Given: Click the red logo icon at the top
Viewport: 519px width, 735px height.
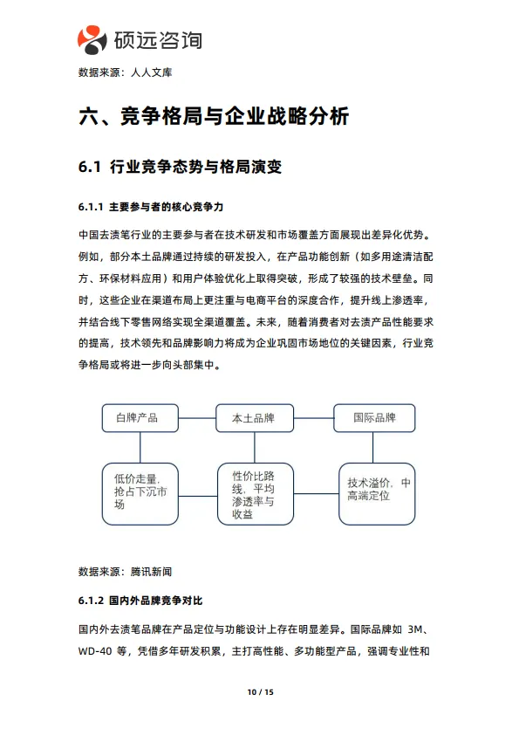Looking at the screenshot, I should [92, 38].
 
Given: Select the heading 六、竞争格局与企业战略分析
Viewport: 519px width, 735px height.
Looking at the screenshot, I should [214, 116].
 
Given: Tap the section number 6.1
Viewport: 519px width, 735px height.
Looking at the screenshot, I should [91, 167].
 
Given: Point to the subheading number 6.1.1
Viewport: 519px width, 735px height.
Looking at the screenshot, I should [92, 207].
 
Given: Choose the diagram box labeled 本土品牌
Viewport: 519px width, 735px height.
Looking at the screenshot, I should [253, 418].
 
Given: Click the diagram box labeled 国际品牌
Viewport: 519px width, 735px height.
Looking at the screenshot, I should [374, 418].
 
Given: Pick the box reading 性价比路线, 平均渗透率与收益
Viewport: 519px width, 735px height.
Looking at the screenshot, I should [253, 494].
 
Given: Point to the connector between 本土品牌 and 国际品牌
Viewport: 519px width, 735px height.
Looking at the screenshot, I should [314, 418].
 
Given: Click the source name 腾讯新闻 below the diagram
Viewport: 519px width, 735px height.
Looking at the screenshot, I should [151, 572].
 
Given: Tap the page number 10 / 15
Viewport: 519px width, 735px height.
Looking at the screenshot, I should [260, 692].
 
